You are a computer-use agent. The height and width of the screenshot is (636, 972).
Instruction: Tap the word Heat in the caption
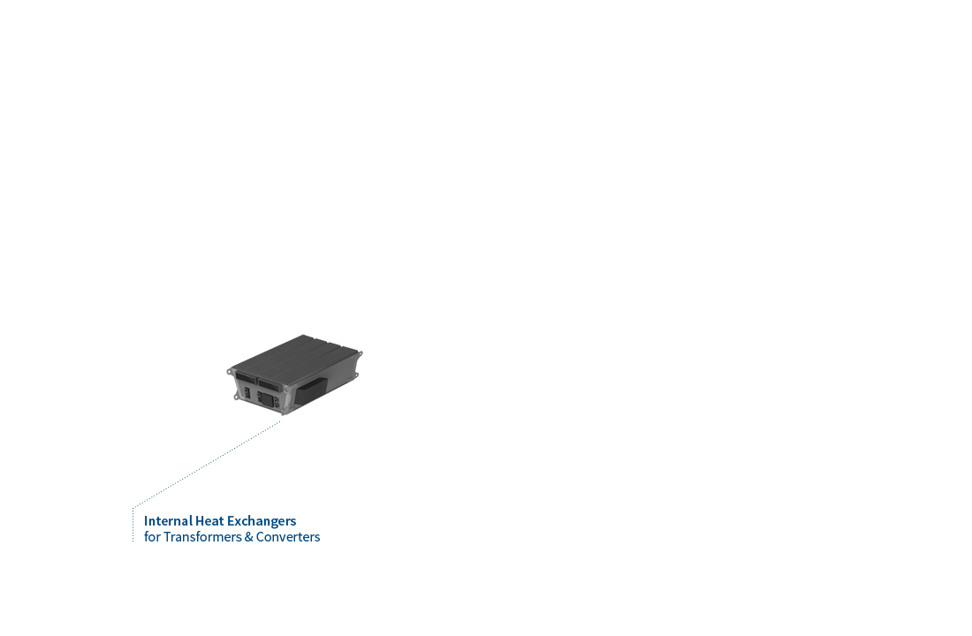point(209,520)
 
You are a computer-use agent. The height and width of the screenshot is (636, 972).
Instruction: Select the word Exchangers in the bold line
point(262,521)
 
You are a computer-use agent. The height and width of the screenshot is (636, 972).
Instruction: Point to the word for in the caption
point(152,537)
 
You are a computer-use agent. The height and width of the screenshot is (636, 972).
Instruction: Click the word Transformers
point(202,537)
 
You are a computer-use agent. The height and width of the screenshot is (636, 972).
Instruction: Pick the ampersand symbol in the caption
point(249,537)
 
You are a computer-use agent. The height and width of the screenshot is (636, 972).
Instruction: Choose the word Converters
point(288,537)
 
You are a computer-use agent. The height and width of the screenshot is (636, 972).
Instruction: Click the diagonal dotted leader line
point(207,465)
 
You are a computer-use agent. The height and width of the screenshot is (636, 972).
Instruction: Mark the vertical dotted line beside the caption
point(133,525)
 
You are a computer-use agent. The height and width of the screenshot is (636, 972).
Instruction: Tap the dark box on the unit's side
point(310,390)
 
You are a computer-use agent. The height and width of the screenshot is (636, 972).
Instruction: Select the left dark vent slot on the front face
point(246,377)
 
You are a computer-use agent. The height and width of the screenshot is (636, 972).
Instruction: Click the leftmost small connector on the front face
point(247,392)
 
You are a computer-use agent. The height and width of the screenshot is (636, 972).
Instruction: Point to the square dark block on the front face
point(267,399)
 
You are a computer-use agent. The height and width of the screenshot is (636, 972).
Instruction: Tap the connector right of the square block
point(277,403)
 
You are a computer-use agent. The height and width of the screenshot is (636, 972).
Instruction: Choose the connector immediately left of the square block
point(259,396)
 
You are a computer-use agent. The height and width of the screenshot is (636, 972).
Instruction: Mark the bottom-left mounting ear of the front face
point(236,396)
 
